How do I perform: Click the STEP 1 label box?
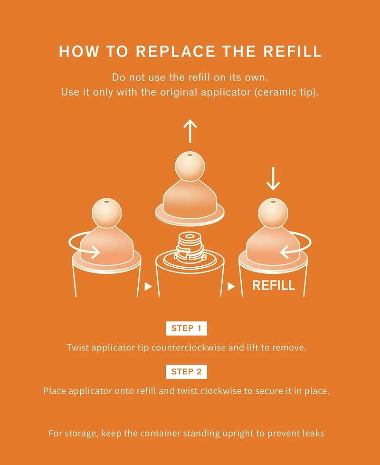[186, 328]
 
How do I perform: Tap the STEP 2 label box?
[186, 372]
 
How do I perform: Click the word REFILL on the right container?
[274, 285]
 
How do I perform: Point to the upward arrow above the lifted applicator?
[190, 131]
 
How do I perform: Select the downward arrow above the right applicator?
[273, 178]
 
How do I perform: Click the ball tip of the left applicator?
[106, 213]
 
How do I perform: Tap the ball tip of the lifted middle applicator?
[190, 166]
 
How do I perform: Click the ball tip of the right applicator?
[273, 213]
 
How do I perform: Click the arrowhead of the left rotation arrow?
[95, 252]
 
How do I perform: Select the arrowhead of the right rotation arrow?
[285, 252]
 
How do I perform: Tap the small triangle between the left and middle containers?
[148, 287]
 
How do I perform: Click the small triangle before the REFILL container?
[231, 287]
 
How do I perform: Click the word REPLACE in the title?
[175, 51]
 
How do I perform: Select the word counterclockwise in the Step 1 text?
[189, 347]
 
